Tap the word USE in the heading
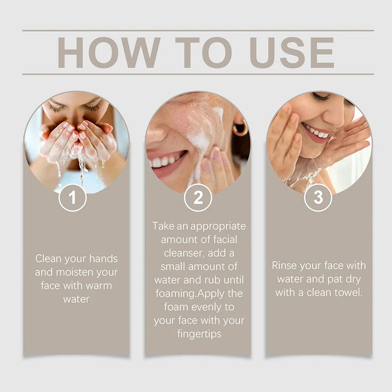(292, 52)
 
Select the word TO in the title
(203, 52)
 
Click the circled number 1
(73, 197)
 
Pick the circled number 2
(198, 197)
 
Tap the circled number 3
(318, 197)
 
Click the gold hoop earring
(240, 128)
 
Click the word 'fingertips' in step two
(199, 334)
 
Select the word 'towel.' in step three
(348, 293)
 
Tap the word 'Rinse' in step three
(284, 266)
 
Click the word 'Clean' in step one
(49, 259)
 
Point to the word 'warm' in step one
(99, 286)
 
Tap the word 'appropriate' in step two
(218, 226)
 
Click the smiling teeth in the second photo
(165, 161)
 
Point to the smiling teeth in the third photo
(317, 131)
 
